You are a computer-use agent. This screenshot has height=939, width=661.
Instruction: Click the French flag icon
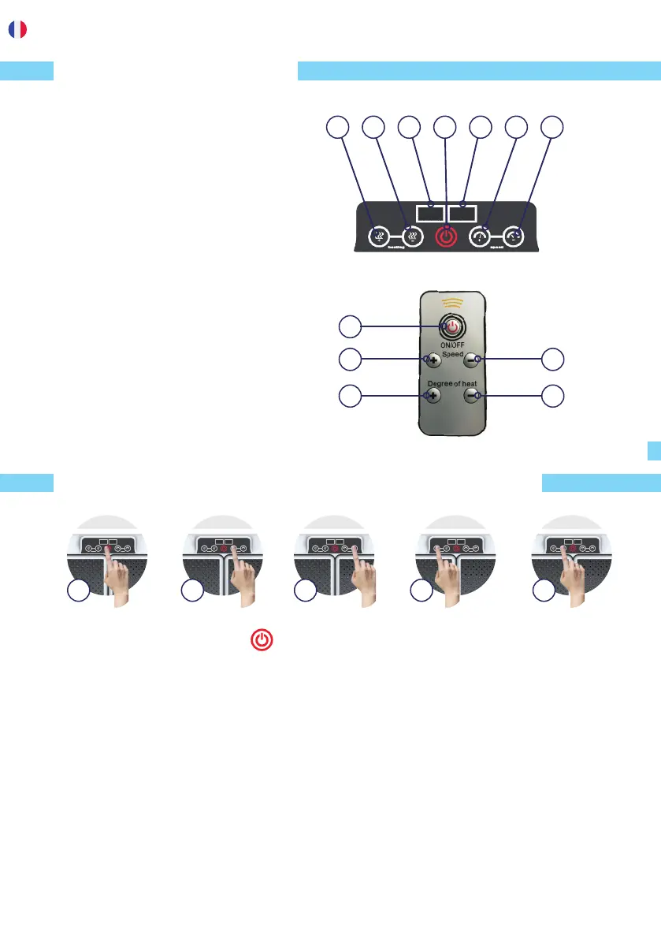tap(17, 29)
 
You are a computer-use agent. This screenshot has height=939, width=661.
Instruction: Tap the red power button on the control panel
tap(446, 237)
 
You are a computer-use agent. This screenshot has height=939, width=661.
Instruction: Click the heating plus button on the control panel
tap(381, 237)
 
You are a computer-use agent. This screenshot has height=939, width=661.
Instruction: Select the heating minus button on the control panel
tap(411, 237)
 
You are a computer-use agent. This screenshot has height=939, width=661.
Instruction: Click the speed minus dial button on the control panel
tap(514, 237)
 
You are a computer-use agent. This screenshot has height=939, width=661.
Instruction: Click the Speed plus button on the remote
tap(432, 360)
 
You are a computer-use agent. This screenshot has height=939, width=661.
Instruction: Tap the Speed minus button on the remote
tap(471, 360)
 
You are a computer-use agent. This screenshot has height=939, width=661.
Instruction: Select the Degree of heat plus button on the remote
tap(432, 396)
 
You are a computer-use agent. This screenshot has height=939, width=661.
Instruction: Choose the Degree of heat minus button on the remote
tap(471, 396)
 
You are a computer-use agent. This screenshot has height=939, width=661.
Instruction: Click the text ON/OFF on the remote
tap(451, 345)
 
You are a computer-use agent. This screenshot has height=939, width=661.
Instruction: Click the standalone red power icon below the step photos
tap(263, 640)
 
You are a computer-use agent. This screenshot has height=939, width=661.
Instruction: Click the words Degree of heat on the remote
tap(451, 383)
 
